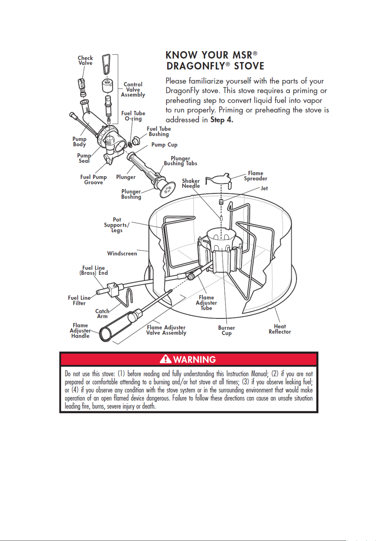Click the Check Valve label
(85, 60)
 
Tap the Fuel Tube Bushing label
(159, 131)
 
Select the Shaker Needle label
(191, 183)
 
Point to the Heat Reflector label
(280, 329)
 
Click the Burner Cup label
(227, 330)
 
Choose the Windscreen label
(122, 253)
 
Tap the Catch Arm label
(102, 314)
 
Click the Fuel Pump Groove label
(94, 180)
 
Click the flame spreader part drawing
(218, 179)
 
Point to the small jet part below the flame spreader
(221, 202)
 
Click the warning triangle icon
(165, 359)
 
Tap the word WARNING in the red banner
(194, 359)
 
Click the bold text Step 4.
(221, 120)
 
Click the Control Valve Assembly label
(133, 90)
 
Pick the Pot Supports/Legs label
(117, 225)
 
